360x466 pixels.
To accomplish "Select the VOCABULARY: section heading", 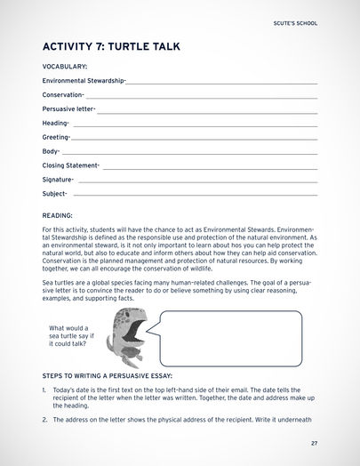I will pyautogui.click(x=65, y=67).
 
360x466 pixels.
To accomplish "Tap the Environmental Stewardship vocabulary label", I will pyautogui.click(x=84, y=80).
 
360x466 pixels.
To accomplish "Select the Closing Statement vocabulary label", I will pyautogui.click(x=70, y=165).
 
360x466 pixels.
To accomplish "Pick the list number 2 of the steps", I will pyautogui.click(x=44, y=419).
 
